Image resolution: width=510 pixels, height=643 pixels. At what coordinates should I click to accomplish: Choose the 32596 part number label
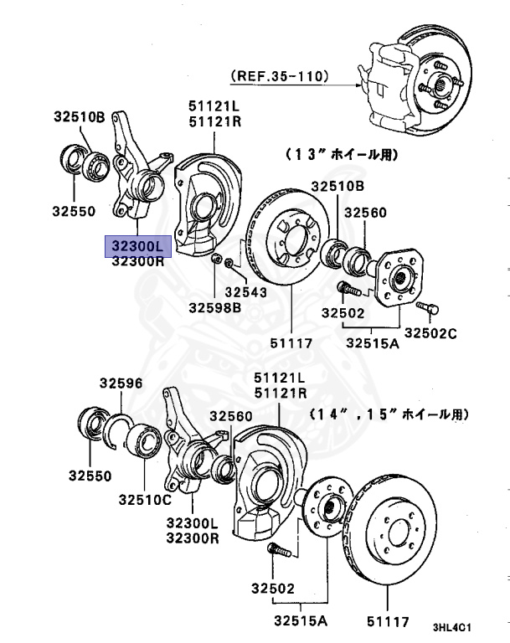pos(121,383)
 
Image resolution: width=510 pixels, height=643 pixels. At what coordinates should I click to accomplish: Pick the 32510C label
pos(145,500)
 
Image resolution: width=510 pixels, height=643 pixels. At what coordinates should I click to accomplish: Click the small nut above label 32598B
pos(216,260)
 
